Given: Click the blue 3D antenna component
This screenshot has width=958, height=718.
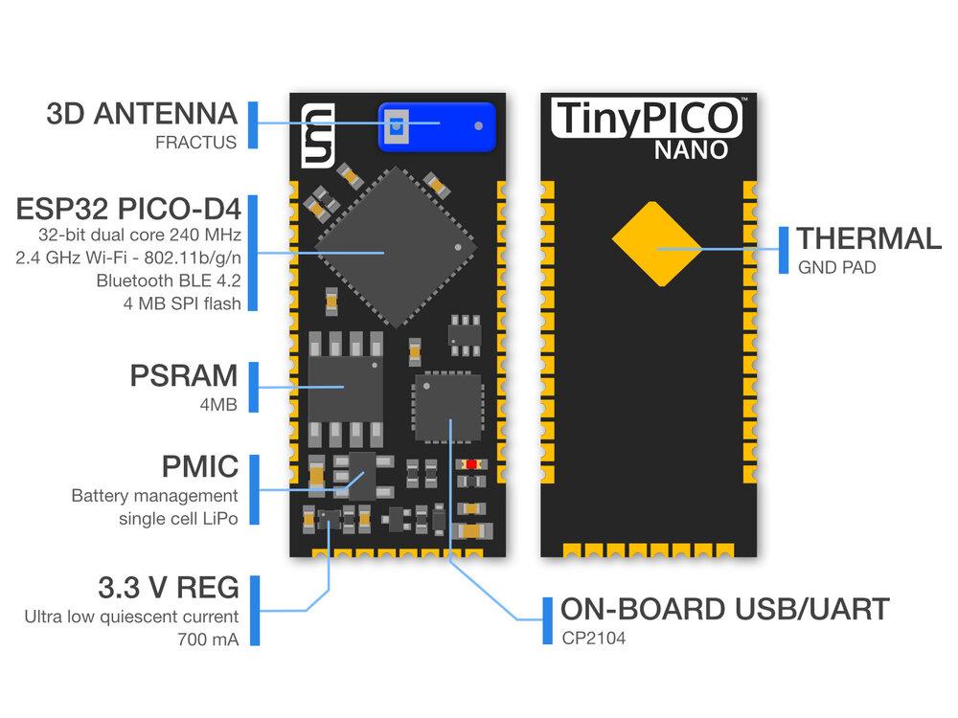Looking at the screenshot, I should click(438, 126).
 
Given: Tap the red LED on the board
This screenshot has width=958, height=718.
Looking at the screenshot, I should click(470, 464).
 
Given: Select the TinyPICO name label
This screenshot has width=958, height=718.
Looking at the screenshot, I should click(647, 118).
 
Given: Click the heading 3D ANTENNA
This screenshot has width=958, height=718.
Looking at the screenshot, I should click(142, 114).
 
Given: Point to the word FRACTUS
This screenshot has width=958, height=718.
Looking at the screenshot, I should click(195, 144).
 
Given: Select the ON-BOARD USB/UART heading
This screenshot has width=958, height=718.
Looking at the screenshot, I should click(724, 609).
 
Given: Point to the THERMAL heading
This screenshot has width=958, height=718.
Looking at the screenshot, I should click(869, 238).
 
